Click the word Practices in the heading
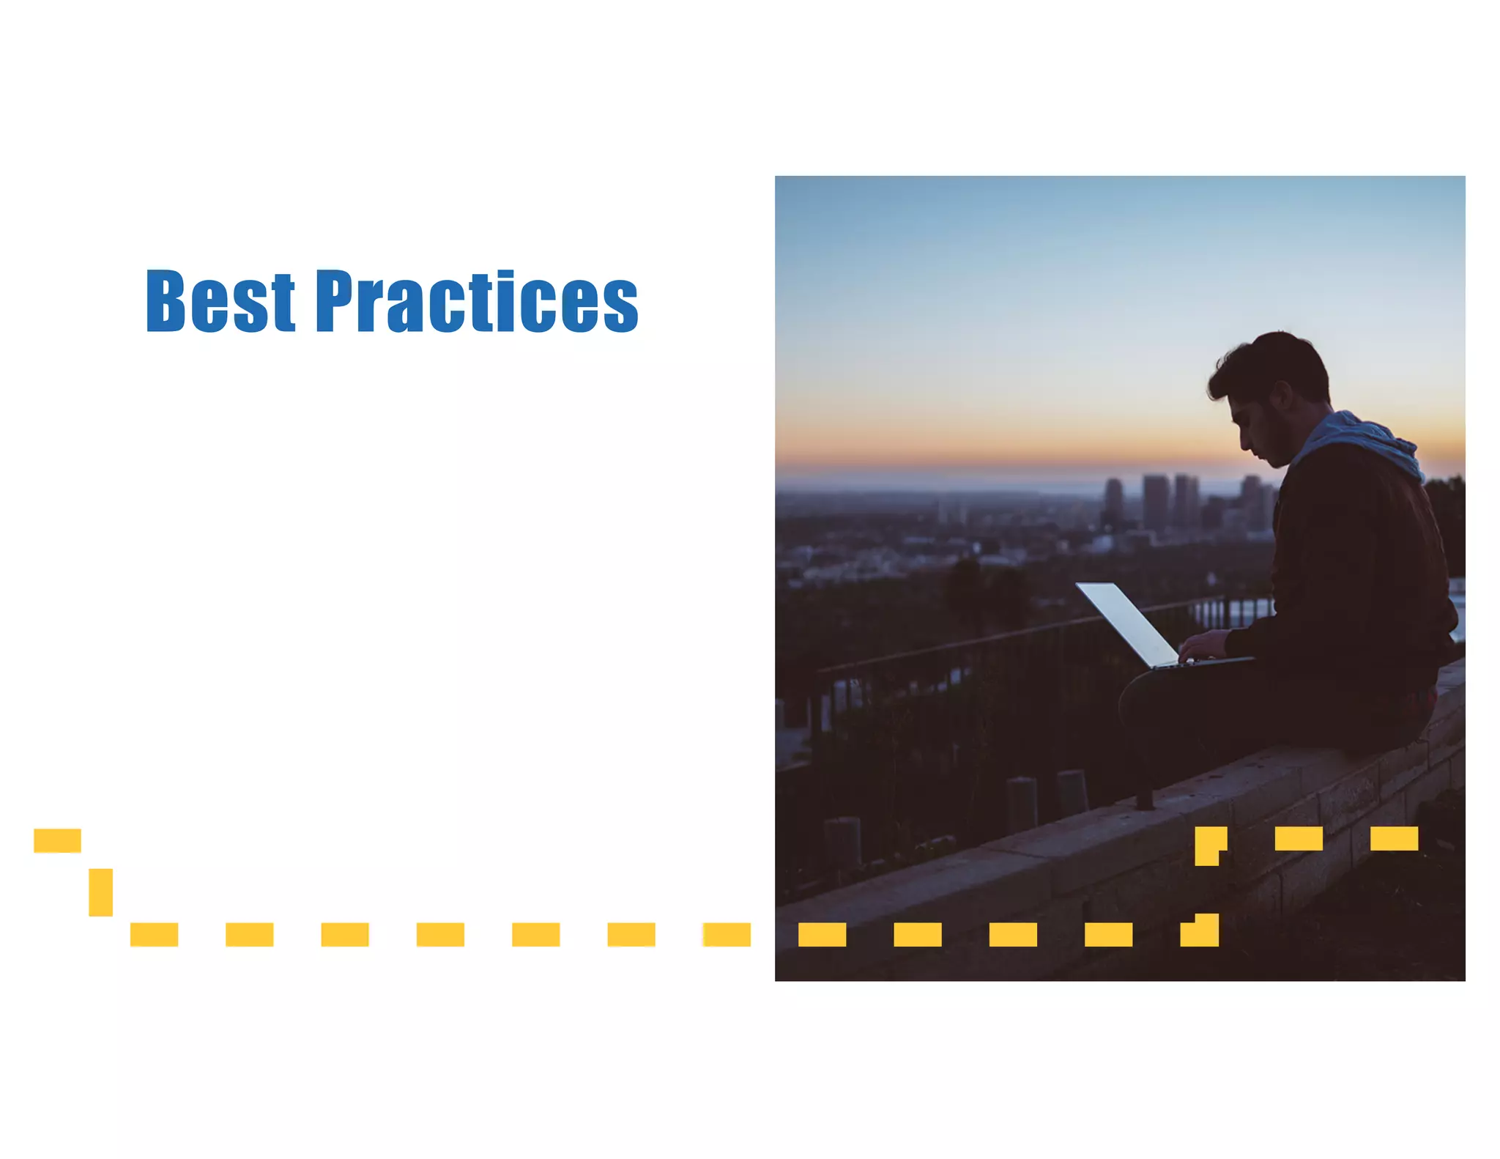(477, 301)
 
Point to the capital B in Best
(165, 301)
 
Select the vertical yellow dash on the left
(101, 892)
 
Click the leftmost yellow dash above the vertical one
(57, 840)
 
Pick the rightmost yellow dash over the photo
(1394, 838)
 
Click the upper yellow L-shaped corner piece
(1208, 843)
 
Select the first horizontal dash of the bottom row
(154, 934)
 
